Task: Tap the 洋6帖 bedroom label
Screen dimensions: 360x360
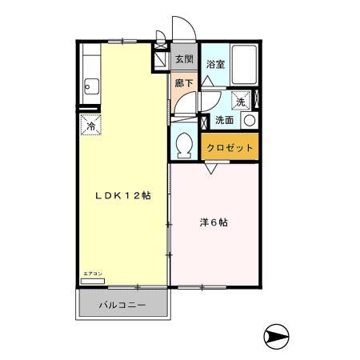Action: point(213,223)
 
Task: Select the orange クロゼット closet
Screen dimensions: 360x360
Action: point(230,148)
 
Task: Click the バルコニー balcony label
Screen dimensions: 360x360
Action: point(122,306)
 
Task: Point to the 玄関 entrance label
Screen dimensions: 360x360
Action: point(184,60)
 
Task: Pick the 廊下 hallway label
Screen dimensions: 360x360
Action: point(183,82)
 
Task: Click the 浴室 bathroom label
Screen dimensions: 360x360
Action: point(214,65)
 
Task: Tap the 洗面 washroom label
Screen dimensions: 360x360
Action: point(224,121)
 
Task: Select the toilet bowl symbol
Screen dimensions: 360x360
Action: point(183,146)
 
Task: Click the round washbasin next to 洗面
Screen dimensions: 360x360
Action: point(250,121)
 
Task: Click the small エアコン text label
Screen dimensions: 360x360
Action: point(91,274)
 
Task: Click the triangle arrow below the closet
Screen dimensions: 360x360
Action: point(211,170)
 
